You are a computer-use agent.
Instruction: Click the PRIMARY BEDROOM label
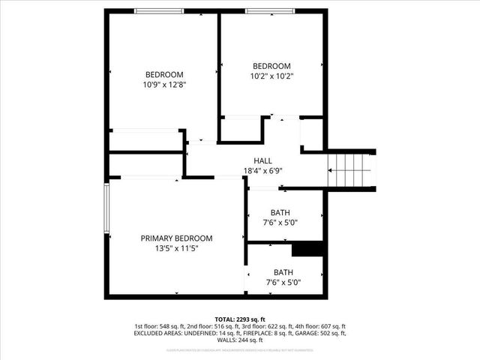coord(169,238)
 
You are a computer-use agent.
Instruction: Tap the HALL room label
coord(262,161)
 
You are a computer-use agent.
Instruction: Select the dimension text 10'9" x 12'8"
coord(164,85)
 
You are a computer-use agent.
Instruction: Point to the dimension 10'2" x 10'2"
coord(271,76)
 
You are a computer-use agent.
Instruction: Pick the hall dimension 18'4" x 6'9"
coord(262,171)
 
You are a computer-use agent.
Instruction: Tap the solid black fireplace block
coord(307,249)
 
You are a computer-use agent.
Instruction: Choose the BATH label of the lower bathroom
coord(283,272)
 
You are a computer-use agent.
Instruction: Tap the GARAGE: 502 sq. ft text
coord(325,333)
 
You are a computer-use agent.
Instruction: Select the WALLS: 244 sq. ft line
coord(240,340)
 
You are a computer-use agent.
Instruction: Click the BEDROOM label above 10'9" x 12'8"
coord(164,74)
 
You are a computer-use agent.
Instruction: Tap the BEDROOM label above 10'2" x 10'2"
coord(271,65)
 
